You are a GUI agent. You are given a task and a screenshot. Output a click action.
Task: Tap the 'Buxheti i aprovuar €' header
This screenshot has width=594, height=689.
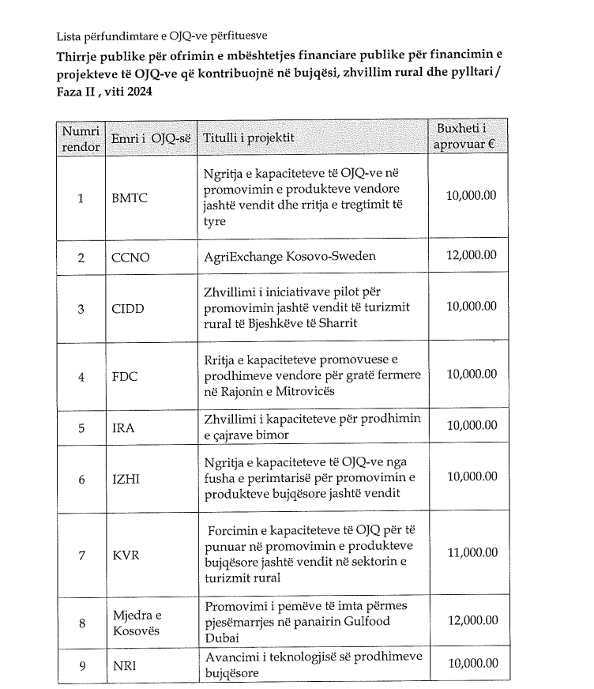(x=471, y=137)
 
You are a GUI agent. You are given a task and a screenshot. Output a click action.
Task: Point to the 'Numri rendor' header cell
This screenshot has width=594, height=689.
(x=81, y=137)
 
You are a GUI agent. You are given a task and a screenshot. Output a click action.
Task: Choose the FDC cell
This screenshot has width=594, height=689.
(x=126, y=376)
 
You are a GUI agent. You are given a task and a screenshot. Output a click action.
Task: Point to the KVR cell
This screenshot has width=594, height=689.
(x=126, y=555)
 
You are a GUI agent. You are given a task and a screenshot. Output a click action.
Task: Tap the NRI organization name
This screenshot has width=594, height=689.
(x=125, y=666)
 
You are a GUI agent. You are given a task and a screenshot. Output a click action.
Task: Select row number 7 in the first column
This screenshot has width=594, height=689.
(x=81, y=555)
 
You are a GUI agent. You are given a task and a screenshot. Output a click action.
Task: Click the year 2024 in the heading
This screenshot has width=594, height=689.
(x=138, y=92)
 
